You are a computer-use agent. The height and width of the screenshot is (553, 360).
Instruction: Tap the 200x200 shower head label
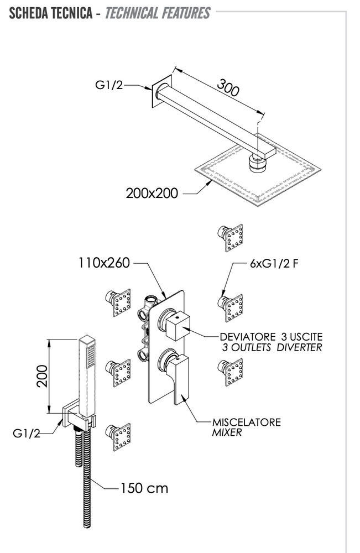tap(151, 194)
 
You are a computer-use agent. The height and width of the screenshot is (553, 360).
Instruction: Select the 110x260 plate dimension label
tap(103, 263)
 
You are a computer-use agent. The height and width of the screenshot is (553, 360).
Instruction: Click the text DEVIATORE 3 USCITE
tap(271, 336)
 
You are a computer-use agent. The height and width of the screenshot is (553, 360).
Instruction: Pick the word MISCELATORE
tap(247, 422)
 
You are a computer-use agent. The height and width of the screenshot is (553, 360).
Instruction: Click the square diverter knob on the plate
tap(177, 326)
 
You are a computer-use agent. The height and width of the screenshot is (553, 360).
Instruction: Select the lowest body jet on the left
tap(119, 438)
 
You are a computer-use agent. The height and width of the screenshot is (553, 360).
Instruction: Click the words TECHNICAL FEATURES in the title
tap(156, 13)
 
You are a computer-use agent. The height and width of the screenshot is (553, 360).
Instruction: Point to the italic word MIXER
tap(227, 433)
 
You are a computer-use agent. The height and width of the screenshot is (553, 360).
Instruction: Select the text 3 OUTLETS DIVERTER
tap(271, 347)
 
